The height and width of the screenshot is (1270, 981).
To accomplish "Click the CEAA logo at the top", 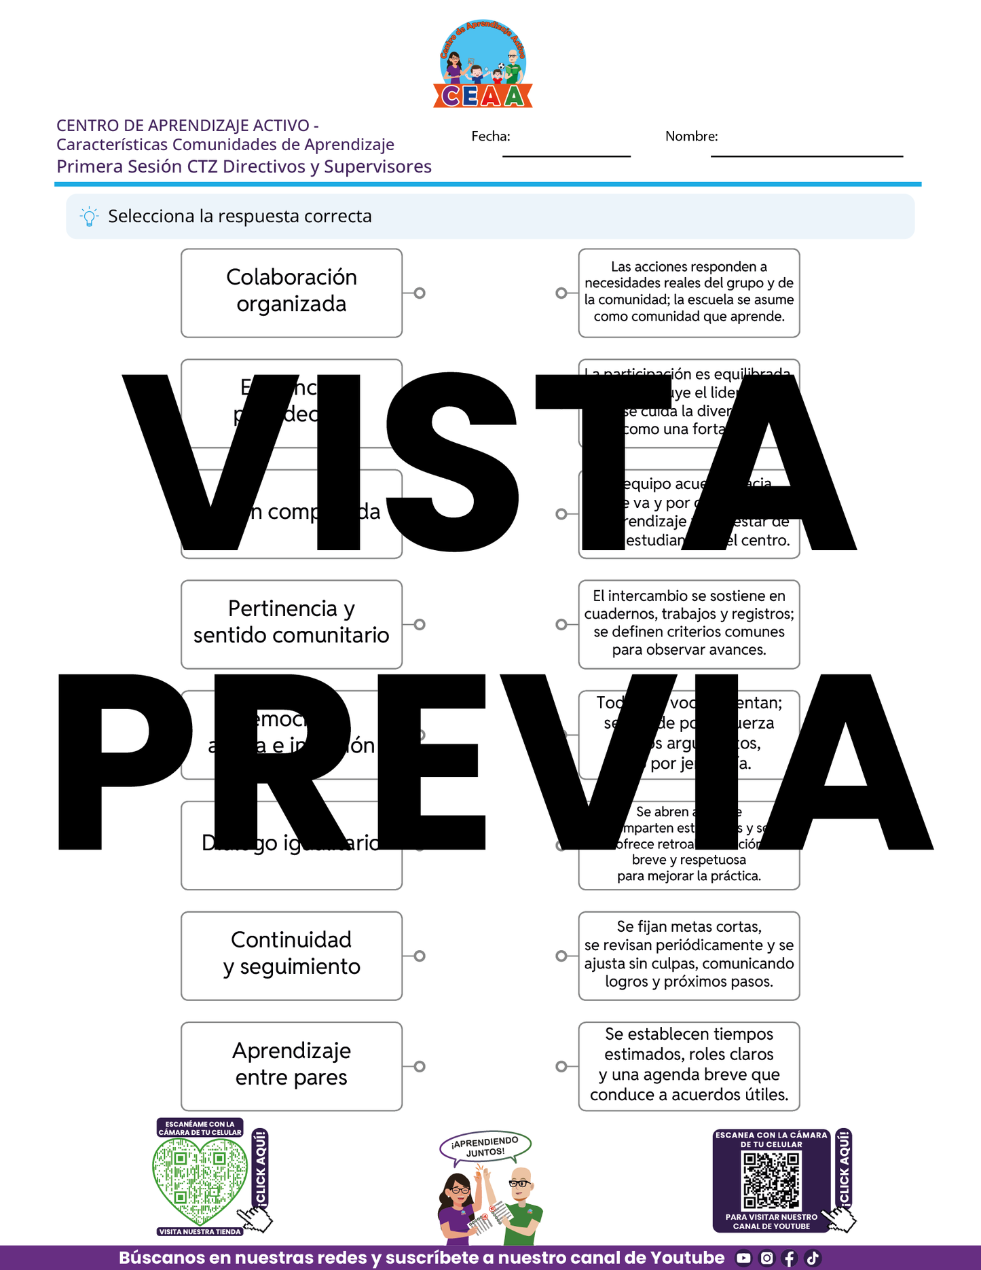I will tap(483, 65).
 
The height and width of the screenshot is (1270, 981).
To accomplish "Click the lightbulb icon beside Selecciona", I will tap(89, 217).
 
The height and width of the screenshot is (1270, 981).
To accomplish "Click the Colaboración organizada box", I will tap(291, 293).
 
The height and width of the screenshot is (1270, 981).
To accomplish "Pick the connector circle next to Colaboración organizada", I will tap(420, 293).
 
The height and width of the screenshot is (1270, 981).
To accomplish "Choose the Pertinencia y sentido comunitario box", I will tap(291, 624).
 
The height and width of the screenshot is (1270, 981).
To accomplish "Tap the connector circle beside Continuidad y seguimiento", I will tap(420, 956).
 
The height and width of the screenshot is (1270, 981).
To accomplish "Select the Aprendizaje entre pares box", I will tap(291, 1066).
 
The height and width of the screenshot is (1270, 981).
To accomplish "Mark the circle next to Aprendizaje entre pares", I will tap(420, 1066).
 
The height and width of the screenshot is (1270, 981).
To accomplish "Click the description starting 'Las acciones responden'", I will tap(689, 293).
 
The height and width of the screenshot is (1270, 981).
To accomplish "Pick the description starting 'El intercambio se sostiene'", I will tap(689, 624).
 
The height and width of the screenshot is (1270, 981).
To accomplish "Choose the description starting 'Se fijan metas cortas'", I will tap(689, 956).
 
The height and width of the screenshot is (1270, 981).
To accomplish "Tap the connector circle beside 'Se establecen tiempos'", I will tap(561, 1066).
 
